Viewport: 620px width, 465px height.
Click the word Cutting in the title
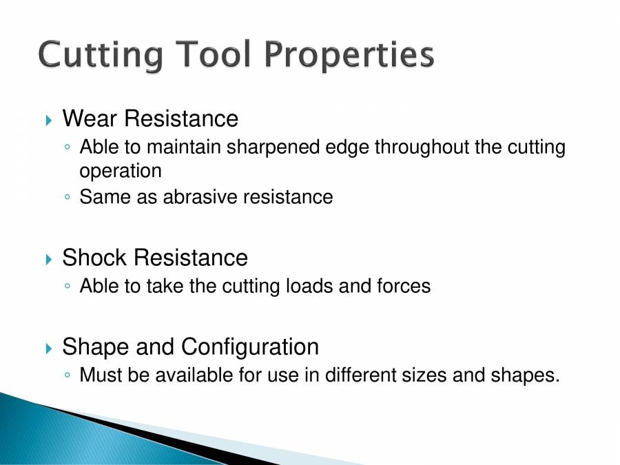[100, 55]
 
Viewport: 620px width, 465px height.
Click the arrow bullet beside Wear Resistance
[48, 121]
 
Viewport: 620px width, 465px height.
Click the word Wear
[89, 118]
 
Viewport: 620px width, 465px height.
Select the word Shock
[95, 258]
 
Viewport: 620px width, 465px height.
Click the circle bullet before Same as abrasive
[66, 198]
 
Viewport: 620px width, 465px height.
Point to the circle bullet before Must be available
[66, 376]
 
